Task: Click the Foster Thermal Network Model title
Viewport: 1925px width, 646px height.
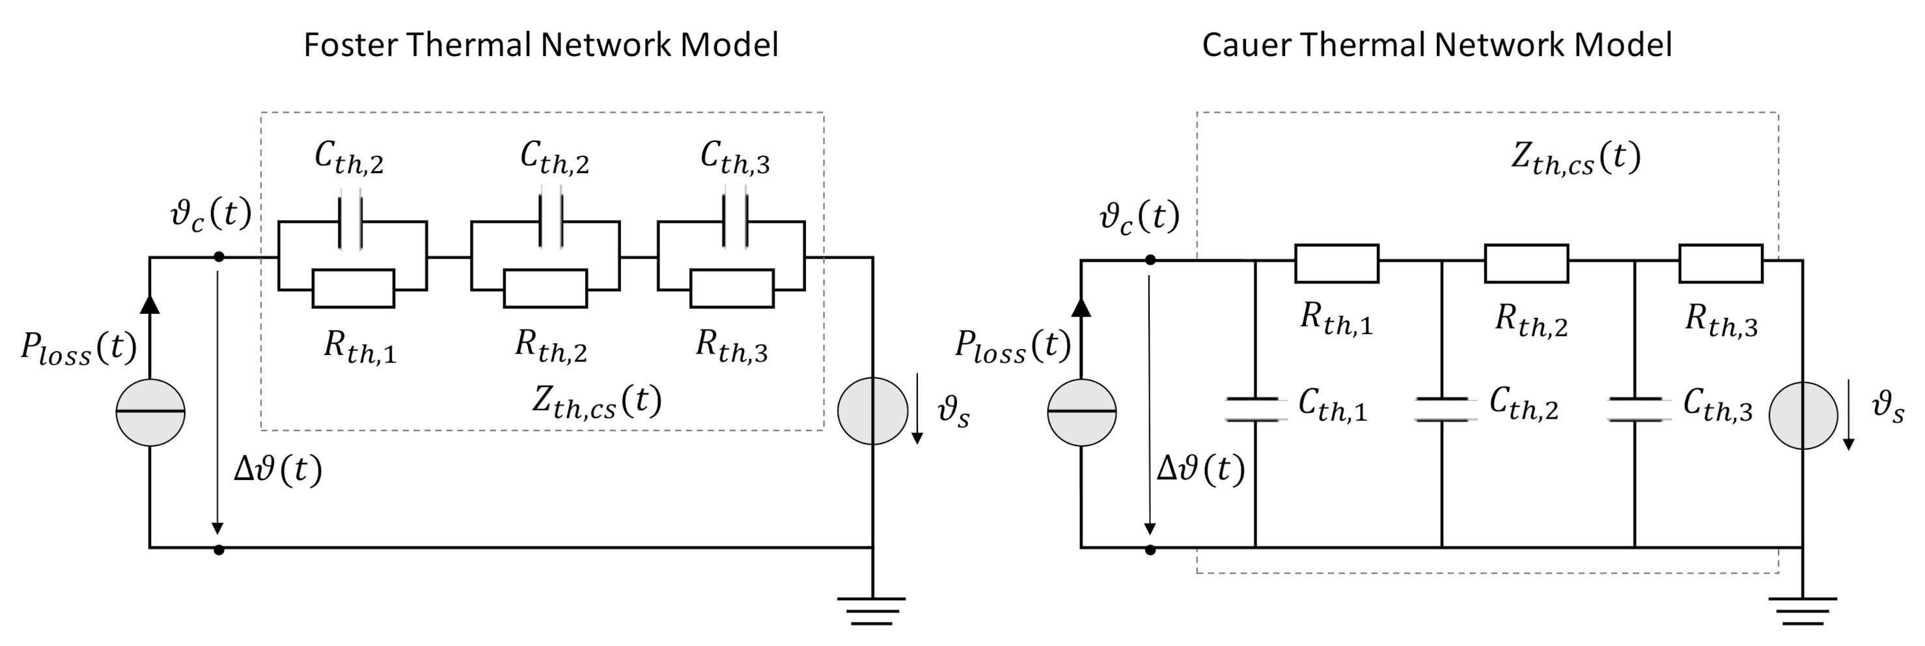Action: pyautogui.click(x=541, y=45)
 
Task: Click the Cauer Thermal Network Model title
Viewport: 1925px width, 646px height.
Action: pyautogui.click(x=1436, y=45)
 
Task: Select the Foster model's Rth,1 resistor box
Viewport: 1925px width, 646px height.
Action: pyautogui.click(x=353, y=288)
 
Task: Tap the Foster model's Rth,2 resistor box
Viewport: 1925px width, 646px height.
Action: pyautogui.click(x=546, y=288)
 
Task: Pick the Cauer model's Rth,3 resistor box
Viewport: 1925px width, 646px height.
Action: pyautogui.click(x=1721, y=263)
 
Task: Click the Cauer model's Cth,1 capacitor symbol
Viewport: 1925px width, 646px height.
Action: pyautogui.click(x=1255, y=410)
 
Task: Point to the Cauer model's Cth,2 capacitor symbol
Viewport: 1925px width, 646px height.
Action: pyautogui.click(x=1442, y=410)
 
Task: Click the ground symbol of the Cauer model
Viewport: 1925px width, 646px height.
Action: pyautogui.click(x=1803, y=610)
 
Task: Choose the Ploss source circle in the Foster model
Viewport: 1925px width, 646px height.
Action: pyautogui.click(x=150, y=412)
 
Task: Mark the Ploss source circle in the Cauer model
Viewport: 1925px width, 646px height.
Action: pyautogui.click(x=1081, y=412)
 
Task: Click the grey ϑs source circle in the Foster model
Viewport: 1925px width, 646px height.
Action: pyautogui.click(x=872, y=410)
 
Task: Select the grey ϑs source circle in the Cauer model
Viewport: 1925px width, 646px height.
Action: pyautogui.click(x=1803, y=415)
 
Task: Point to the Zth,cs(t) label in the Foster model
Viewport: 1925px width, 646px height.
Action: pyautogui.click(x=597, y=402)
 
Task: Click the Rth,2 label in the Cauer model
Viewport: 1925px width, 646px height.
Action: pyautogui.click(x=1531, y=321)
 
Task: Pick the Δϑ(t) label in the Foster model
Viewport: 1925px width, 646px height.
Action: pyautogui.click(x=278, y=470)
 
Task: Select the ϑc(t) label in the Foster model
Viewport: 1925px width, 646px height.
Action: pyautogui.click(x=211, y=216)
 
